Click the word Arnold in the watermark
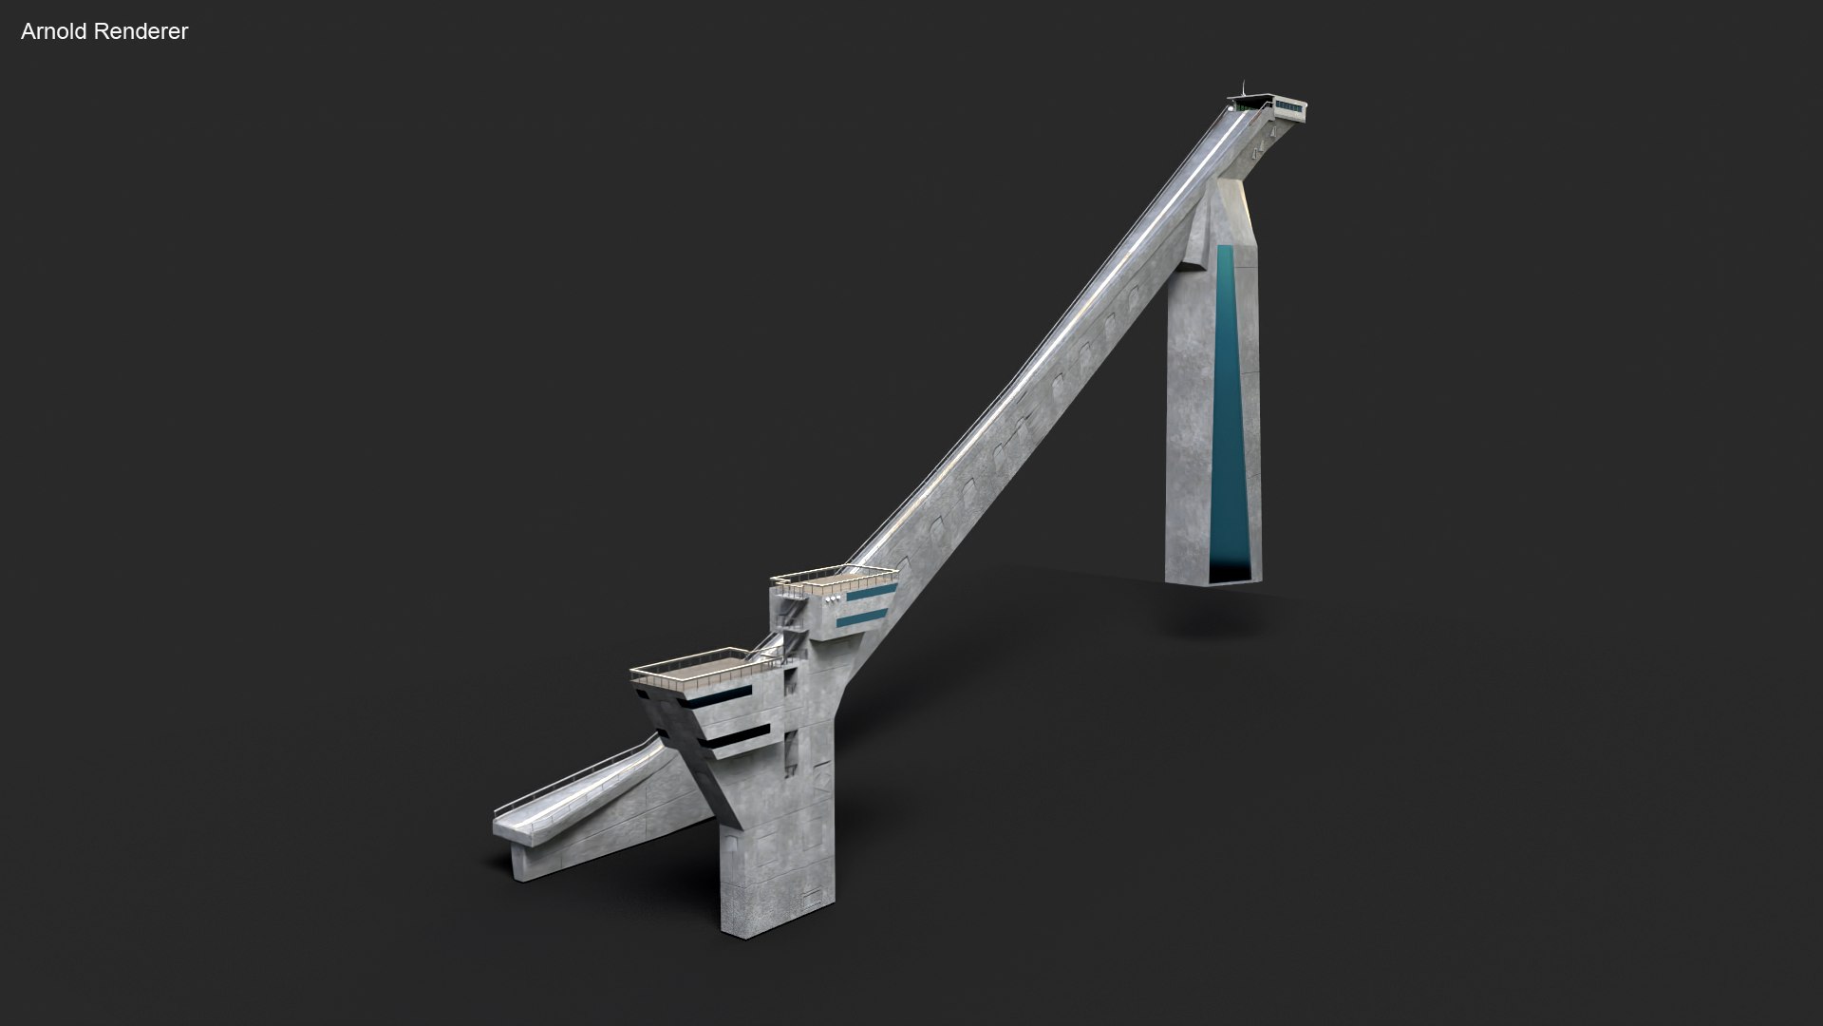52,31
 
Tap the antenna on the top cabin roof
1243,87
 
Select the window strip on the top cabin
1289,104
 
